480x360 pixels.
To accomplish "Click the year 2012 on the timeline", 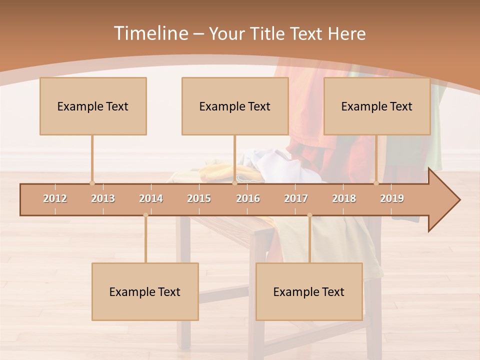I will click(x=55, y=198).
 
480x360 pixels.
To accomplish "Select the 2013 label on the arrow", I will click(x=103, y=198).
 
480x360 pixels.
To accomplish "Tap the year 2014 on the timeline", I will click(x=151, y=198).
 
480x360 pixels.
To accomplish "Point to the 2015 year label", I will click(x=199, y=198).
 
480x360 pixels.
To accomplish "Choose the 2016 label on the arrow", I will click(x=248, y=198).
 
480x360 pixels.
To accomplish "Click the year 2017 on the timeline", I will click(x=296, y=198).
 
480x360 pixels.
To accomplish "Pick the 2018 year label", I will click(x=344, y=198).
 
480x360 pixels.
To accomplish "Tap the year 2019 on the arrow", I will click(x=392, y=198).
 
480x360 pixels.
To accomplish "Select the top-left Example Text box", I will click(x=93, y=106).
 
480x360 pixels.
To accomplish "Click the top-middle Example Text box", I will click(x=235, y=106).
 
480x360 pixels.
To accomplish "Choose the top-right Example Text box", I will click(x=377, y=106).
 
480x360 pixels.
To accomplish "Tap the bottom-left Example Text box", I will click(x=145, y=291).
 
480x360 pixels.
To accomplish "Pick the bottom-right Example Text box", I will click(x=309, y=291).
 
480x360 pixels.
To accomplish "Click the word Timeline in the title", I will click(x=150, y=33).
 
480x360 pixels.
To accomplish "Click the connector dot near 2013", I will click(x=92, y=183).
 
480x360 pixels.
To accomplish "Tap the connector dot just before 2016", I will click(x=234, y=183).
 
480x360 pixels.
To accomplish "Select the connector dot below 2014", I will click(x=145, y=215).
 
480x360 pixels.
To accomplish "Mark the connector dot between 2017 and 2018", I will click(x=309, y=215).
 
